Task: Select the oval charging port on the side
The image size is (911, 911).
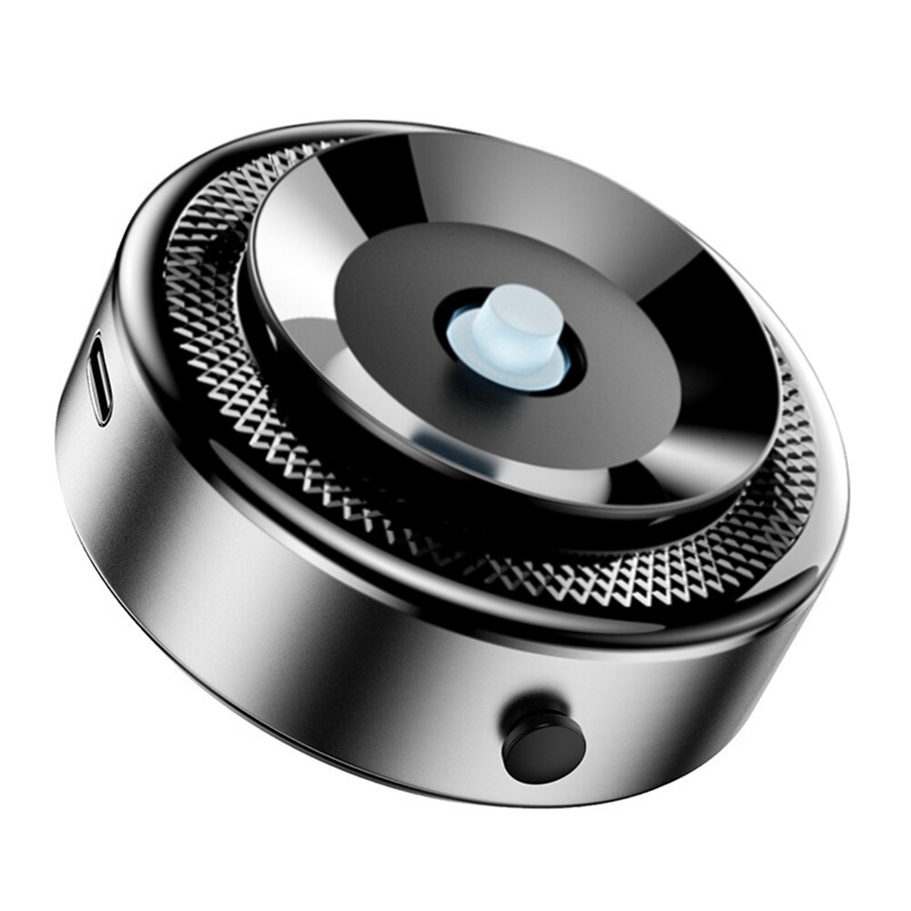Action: (100, 378)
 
